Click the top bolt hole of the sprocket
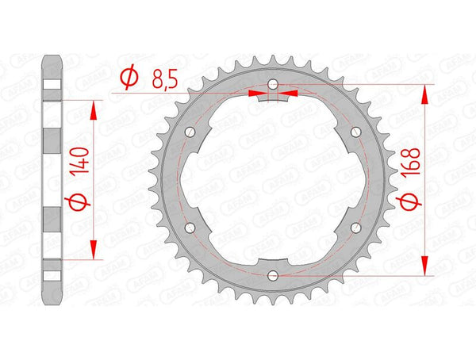point(272,84)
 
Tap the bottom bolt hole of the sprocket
point(272,275)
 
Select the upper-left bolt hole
point(190,132)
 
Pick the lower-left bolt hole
point(190,228)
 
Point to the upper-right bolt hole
point(355,132)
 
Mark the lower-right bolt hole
point(355,228)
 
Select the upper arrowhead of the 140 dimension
point(96,109)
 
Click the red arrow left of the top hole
point(259,93)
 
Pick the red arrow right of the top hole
point(287,93)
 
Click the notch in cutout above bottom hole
point(272,259)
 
